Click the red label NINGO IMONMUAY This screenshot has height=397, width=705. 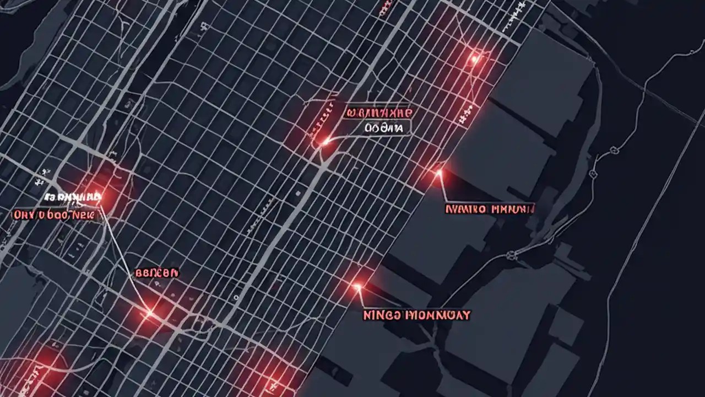[x=417, y=315]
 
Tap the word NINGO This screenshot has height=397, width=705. [x=381, y=315]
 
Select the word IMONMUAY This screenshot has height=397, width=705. [x=438, y=315]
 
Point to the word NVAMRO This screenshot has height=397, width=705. [x=465, y=209]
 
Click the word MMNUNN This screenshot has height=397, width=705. [x=512, y=209]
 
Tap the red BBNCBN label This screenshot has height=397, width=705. [x=156, y=272]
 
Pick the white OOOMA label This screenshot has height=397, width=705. [x=384, y=128]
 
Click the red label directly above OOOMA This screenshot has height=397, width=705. [x=378, y=112]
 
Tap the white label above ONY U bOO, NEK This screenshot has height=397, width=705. [x=72, y=197]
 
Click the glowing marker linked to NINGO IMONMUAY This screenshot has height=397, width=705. [x=357, y=286]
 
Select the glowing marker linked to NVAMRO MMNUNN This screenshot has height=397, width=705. [x=439, y=173]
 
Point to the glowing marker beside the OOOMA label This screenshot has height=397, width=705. [x=325, y=142]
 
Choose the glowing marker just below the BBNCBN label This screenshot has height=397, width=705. [x=149, y=313]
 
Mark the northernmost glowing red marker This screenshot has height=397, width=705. [x=474, y=58]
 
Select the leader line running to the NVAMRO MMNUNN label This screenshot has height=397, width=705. [x=443, y=187]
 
